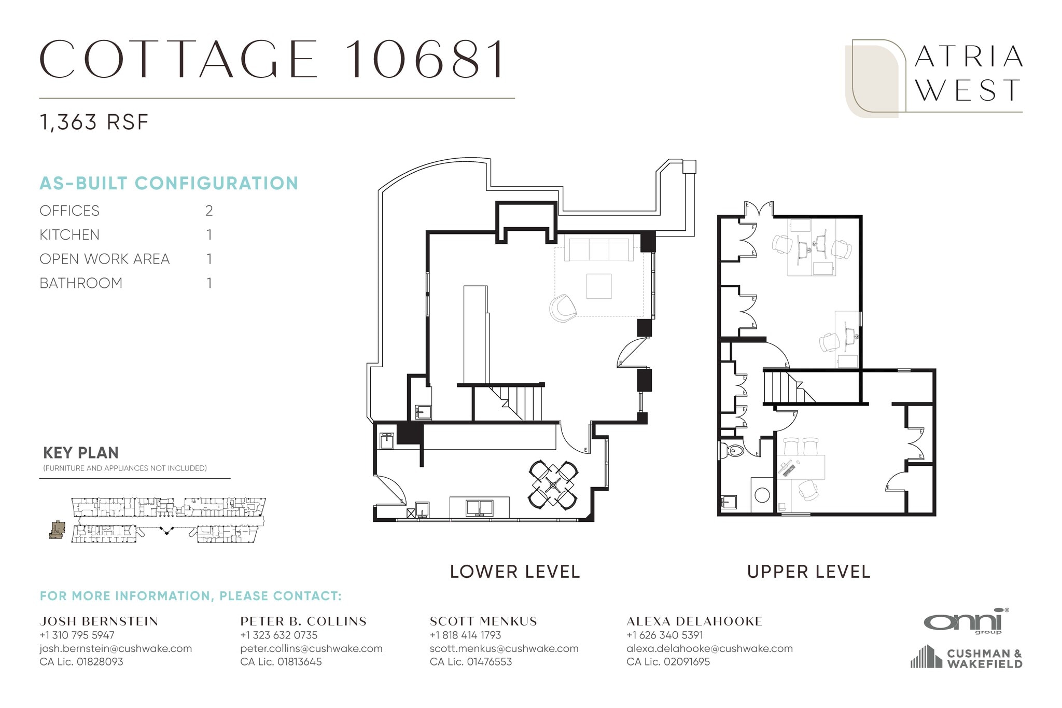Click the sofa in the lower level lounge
[x=598, y=249]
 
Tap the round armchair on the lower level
[x=563, y=309]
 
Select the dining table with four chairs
[x=553, y=484]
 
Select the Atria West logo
[x=933, y=78]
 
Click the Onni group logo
[x=966, y=621]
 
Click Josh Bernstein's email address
[x=116, y=648]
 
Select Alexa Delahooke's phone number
[x=665, y=635]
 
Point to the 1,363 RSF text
[x=94, y=122]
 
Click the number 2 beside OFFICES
[x=209, y=211]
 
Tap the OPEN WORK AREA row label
[x=105, y=259]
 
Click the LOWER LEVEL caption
[x=514, y=572]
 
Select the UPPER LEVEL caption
[x=808, y=572]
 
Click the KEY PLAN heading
[x=81, y=453]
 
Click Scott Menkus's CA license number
[x=471, y=662]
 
